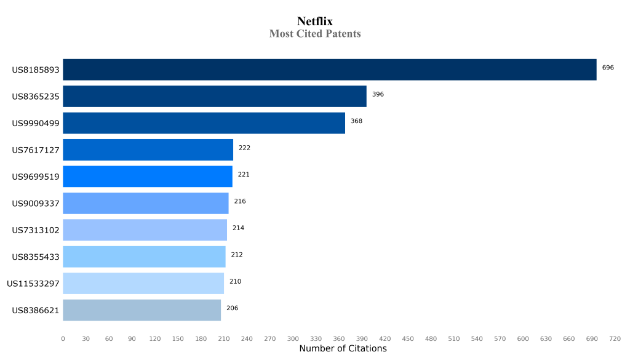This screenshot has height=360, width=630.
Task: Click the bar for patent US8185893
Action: click(x=329, y=70)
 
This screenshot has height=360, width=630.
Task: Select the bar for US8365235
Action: click(x=215, y=97)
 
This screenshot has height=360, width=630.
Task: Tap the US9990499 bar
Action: click(x=204, y=123)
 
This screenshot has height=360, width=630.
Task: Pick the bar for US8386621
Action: click(x=142, y=310)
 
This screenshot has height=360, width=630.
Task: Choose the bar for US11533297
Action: click(x=143, y=284)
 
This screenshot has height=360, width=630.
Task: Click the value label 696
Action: click(x=608, y=68)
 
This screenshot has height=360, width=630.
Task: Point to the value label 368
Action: click(x=356, y=121)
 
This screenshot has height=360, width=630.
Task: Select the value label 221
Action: click(x=244, y=175)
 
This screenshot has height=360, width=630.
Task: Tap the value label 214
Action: click(x=238, y=228)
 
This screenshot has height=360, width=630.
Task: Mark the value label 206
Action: click(x=232, y=308)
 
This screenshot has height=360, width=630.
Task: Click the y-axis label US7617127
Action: click(x=36, y=150)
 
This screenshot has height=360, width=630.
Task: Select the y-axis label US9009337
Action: click(x=36, y=204)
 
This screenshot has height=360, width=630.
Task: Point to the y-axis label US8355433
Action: click(x=36, y=257)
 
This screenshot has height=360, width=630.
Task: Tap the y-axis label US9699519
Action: click(x=36, y=177)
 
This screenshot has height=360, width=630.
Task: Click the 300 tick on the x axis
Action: click(x=293, y=338)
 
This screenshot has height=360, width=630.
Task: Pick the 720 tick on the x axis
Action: click(x=615, y=338)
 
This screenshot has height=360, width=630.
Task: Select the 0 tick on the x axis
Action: click(x=63, y=338)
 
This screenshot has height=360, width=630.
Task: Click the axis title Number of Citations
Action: click(x=343, y=349)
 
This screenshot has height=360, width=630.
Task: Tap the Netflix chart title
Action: click(x=315, y=22)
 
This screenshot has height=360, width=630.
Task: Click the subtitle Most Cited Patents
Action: click(x=315, y=34)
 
